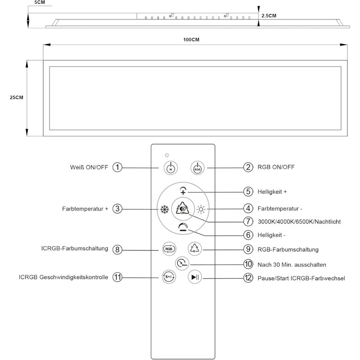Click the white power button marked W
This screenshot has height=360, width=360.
[x=171, y=168]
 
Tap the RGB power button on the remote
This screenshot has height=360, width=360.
[x=198, y=168]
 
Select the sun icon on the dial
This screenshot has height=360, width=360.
[x=201, y=209]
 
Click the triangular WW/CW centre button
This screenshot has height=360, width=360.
[x=183, y=208]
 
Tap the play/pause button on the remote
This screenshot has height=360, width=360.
[x=195, y=277]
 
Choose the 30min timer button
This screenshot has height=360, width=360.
[x=182, y=263]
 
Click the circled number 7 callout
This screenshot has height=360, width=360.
[x=248, y=221]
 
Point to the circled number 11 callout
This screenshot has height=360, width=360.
[x=117, y=277]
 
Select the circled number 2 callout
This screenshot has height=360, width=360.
[x=248, y=167]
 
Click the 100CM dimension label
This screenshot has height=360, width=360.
[x=191, y=40]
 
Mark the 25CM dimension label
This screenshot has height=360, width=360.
[x=17, y=98]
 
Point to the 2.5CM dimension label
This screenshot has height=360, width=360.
[x=269, y=16]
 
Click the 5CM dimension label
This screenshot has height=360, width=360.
[x=40, y=2]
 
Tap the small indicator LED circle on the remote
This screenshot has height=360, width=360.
[x=167, y=155]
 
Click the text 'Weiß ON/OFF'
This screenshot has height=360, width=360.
[x=89, y=167]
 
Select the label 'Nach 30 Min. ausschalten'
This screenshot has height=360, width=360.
[x=292, y=265]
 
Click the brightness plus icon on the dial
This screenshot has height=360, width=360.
[x=183, y=191]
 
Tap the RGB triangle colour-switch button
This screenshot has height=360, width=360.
[x=195, y=249]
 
